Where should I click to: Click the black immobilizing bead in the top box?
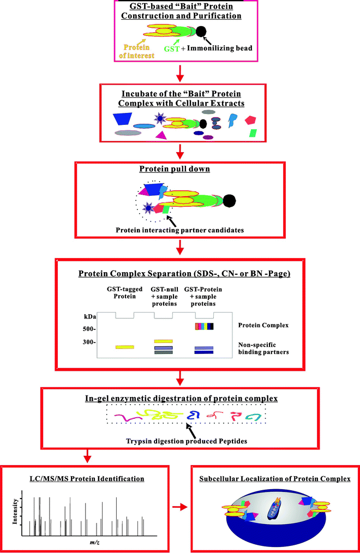tap(201, 32)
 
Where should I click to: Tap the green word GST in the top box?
tap(172, 49)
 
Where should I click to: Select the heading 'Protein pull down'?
tap(175, 169)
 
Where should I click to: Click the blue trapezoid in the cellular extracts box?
tap(122, 119)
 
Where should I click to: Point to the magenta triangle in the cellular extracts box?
tap(160, 135)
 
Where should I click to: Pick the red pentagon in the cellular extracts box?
tap(250, 120)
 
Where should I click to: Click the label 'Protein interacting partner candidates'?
tap(180, 230)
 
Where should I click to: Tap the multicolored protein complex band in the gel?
tap(205, 326)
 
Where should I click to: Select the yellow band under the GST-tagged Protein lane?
tap(125, 347)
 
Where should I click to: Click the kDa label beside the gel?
tap(90, 317)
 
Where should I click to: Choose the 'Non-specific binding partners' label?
tap(263, 348)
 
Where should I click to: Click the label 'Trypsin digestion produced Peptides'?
tap(187, 441)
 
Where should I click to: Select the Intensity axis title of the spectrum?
tap(15, 511)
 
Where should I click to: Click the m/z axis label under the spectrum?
tap(94, 543)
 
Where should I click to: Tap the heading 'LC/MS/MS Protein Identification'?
tap(87, 479)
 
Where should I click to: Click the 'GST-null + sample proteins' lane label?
tap(164, 297)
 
